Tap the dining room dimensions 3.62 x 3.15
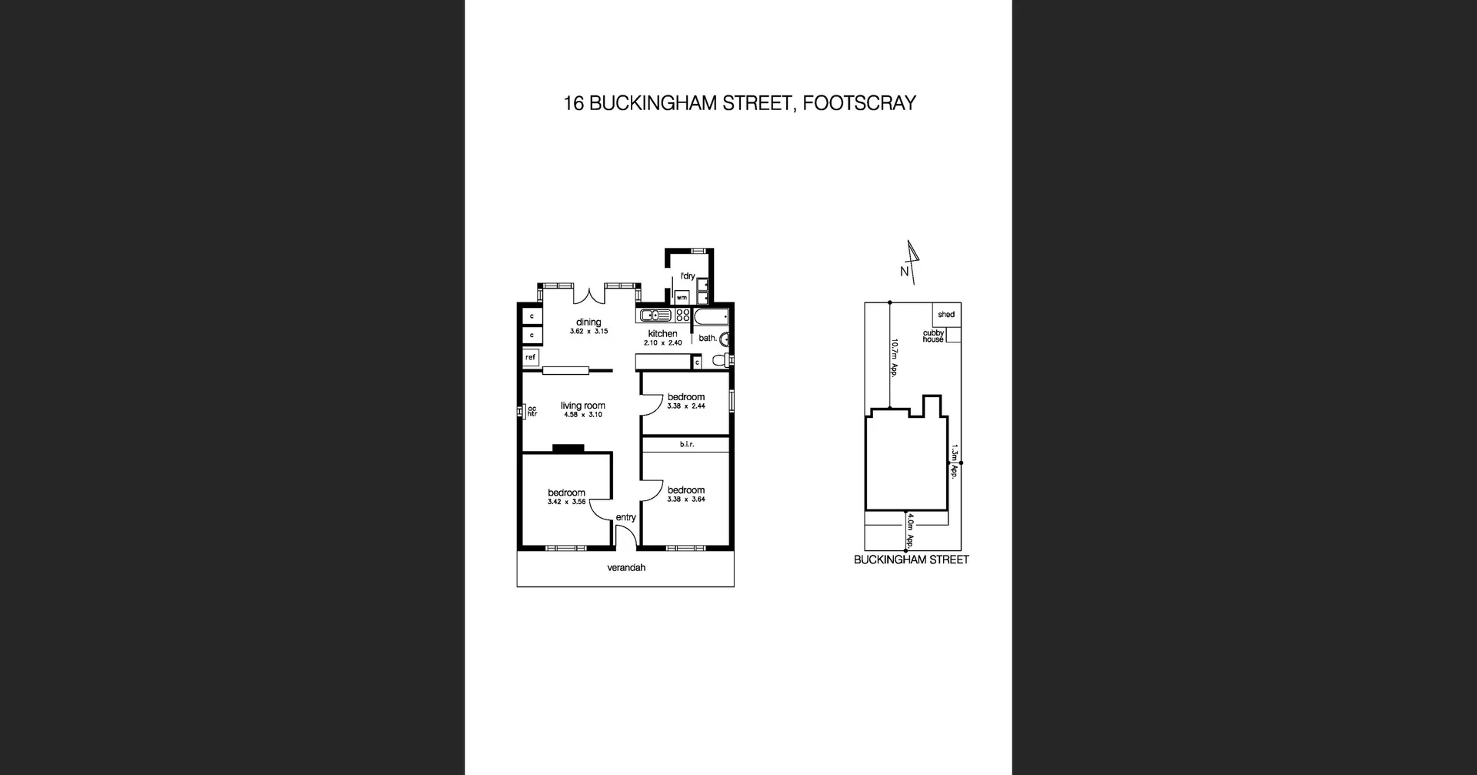coord(588,332)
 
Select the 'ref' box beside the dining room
coord(530,357)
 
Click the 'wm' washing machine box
coord(682,297)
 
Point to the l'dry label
coord(687,276)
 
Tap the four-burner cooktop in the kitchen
coord(682,315)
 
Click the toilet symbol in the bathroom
coord(721,359)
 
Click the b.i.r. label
coord(686,444)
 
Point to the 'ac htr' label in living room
coord(531,412)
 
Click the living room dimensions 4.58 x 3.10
coord(583,415)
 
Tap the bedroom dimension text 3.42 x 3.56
coord(566,502)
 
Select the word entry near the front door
coord(625,517)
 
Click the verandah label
coord(626,568)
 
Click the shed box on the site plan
coord(946,314)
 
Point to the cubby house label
coord(933,336)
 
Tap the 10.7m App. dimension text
coord(895,358)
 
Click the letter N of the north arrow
coord(905,272)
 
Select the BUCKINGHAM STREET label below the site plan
coord(911,560)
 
